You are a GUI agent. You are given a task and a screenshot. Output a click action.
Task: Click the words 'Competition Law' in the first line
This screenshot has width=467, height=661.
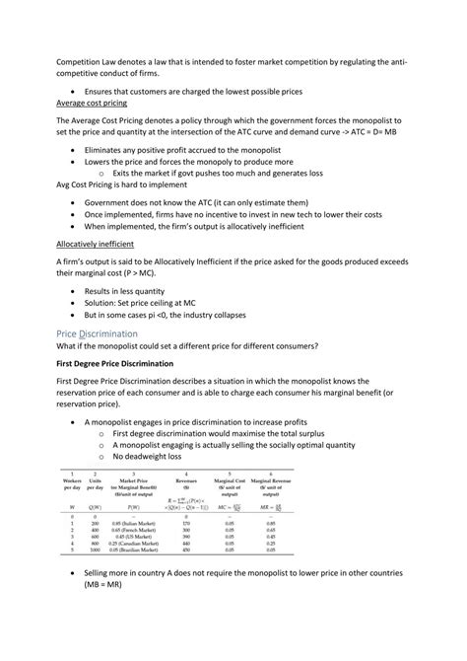point(92,59)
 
